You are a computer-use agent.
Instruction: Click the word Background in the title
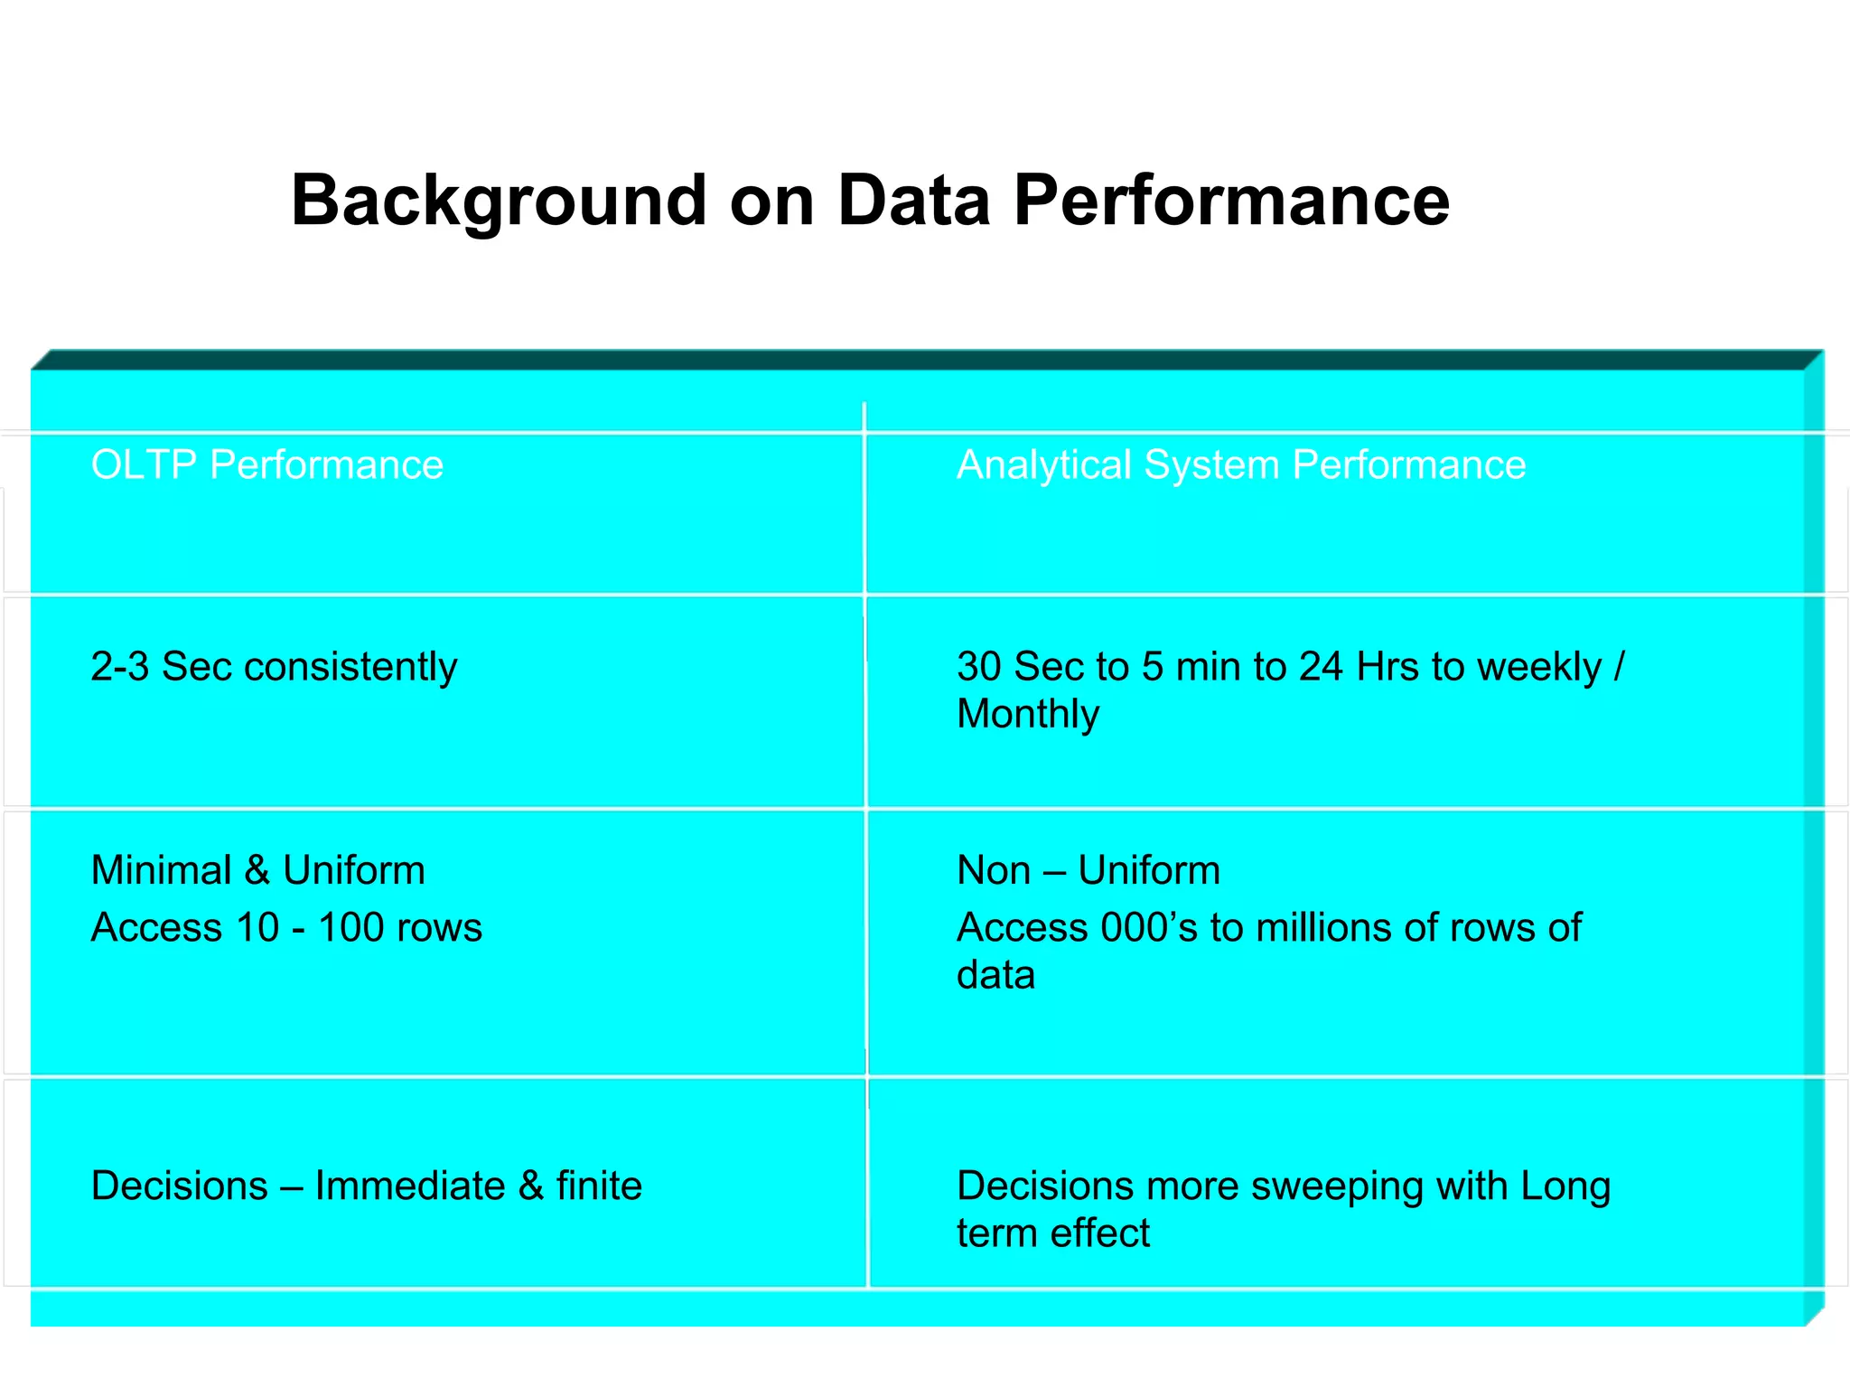click(498, 201)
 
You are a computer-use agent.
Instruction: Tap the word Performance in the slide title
click(1230, 201)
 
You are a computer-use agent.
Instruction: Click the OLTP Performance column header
click(267, 465)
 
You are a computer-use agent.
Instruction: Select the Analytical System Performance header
click(1241, 465)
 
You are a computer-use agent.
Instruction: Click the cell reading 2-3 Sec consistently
click(274, 667)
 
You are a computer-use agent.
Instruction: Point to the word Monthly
click(1028, 714)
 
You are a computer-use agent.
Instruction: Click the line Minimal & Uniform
click(258, 871)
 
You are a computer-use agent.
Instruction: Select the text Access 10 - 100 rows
click(286, 928)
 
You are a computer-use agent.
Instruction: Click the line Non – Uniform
click(1089, 871)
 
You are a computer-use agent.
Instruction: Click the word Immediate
click(410, 1186)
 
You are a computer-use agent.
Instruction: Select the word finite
click(599, 1186)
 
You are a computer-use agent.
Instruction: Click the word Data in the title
click(913, 201)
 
